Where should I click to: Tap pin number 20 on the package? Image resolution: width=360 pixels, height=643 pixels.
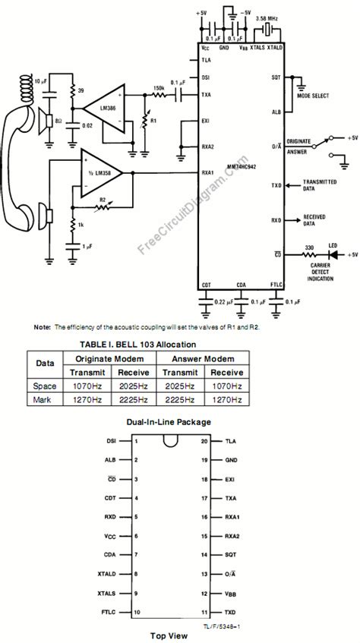[204, 440]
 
